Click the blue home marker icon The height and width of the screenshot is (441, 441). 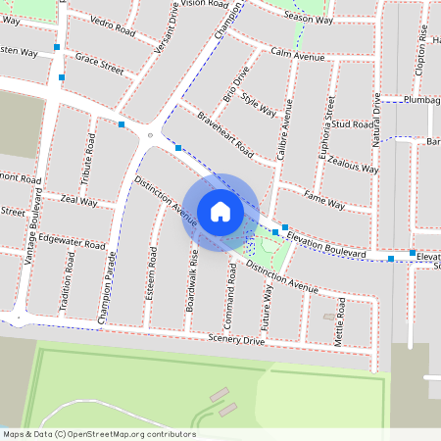click(220, 211)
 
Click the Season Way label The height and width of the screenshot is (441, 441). click(308, 19)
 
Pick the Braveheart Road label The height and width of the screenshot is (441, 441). click(224, 136)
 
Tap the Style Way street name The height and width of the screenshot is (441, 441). click(259, 105)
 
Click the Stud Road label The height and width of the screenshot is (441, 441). click(354, 125)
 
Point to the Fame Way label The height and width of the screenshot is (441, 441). click(323, 202)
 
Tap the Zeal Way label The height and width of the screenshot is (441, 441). click(78, 200)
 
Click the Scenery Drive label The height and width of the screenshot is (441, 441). click(236, 340)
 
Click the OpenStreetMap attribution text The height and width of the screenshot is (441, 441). click(99, 434)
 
